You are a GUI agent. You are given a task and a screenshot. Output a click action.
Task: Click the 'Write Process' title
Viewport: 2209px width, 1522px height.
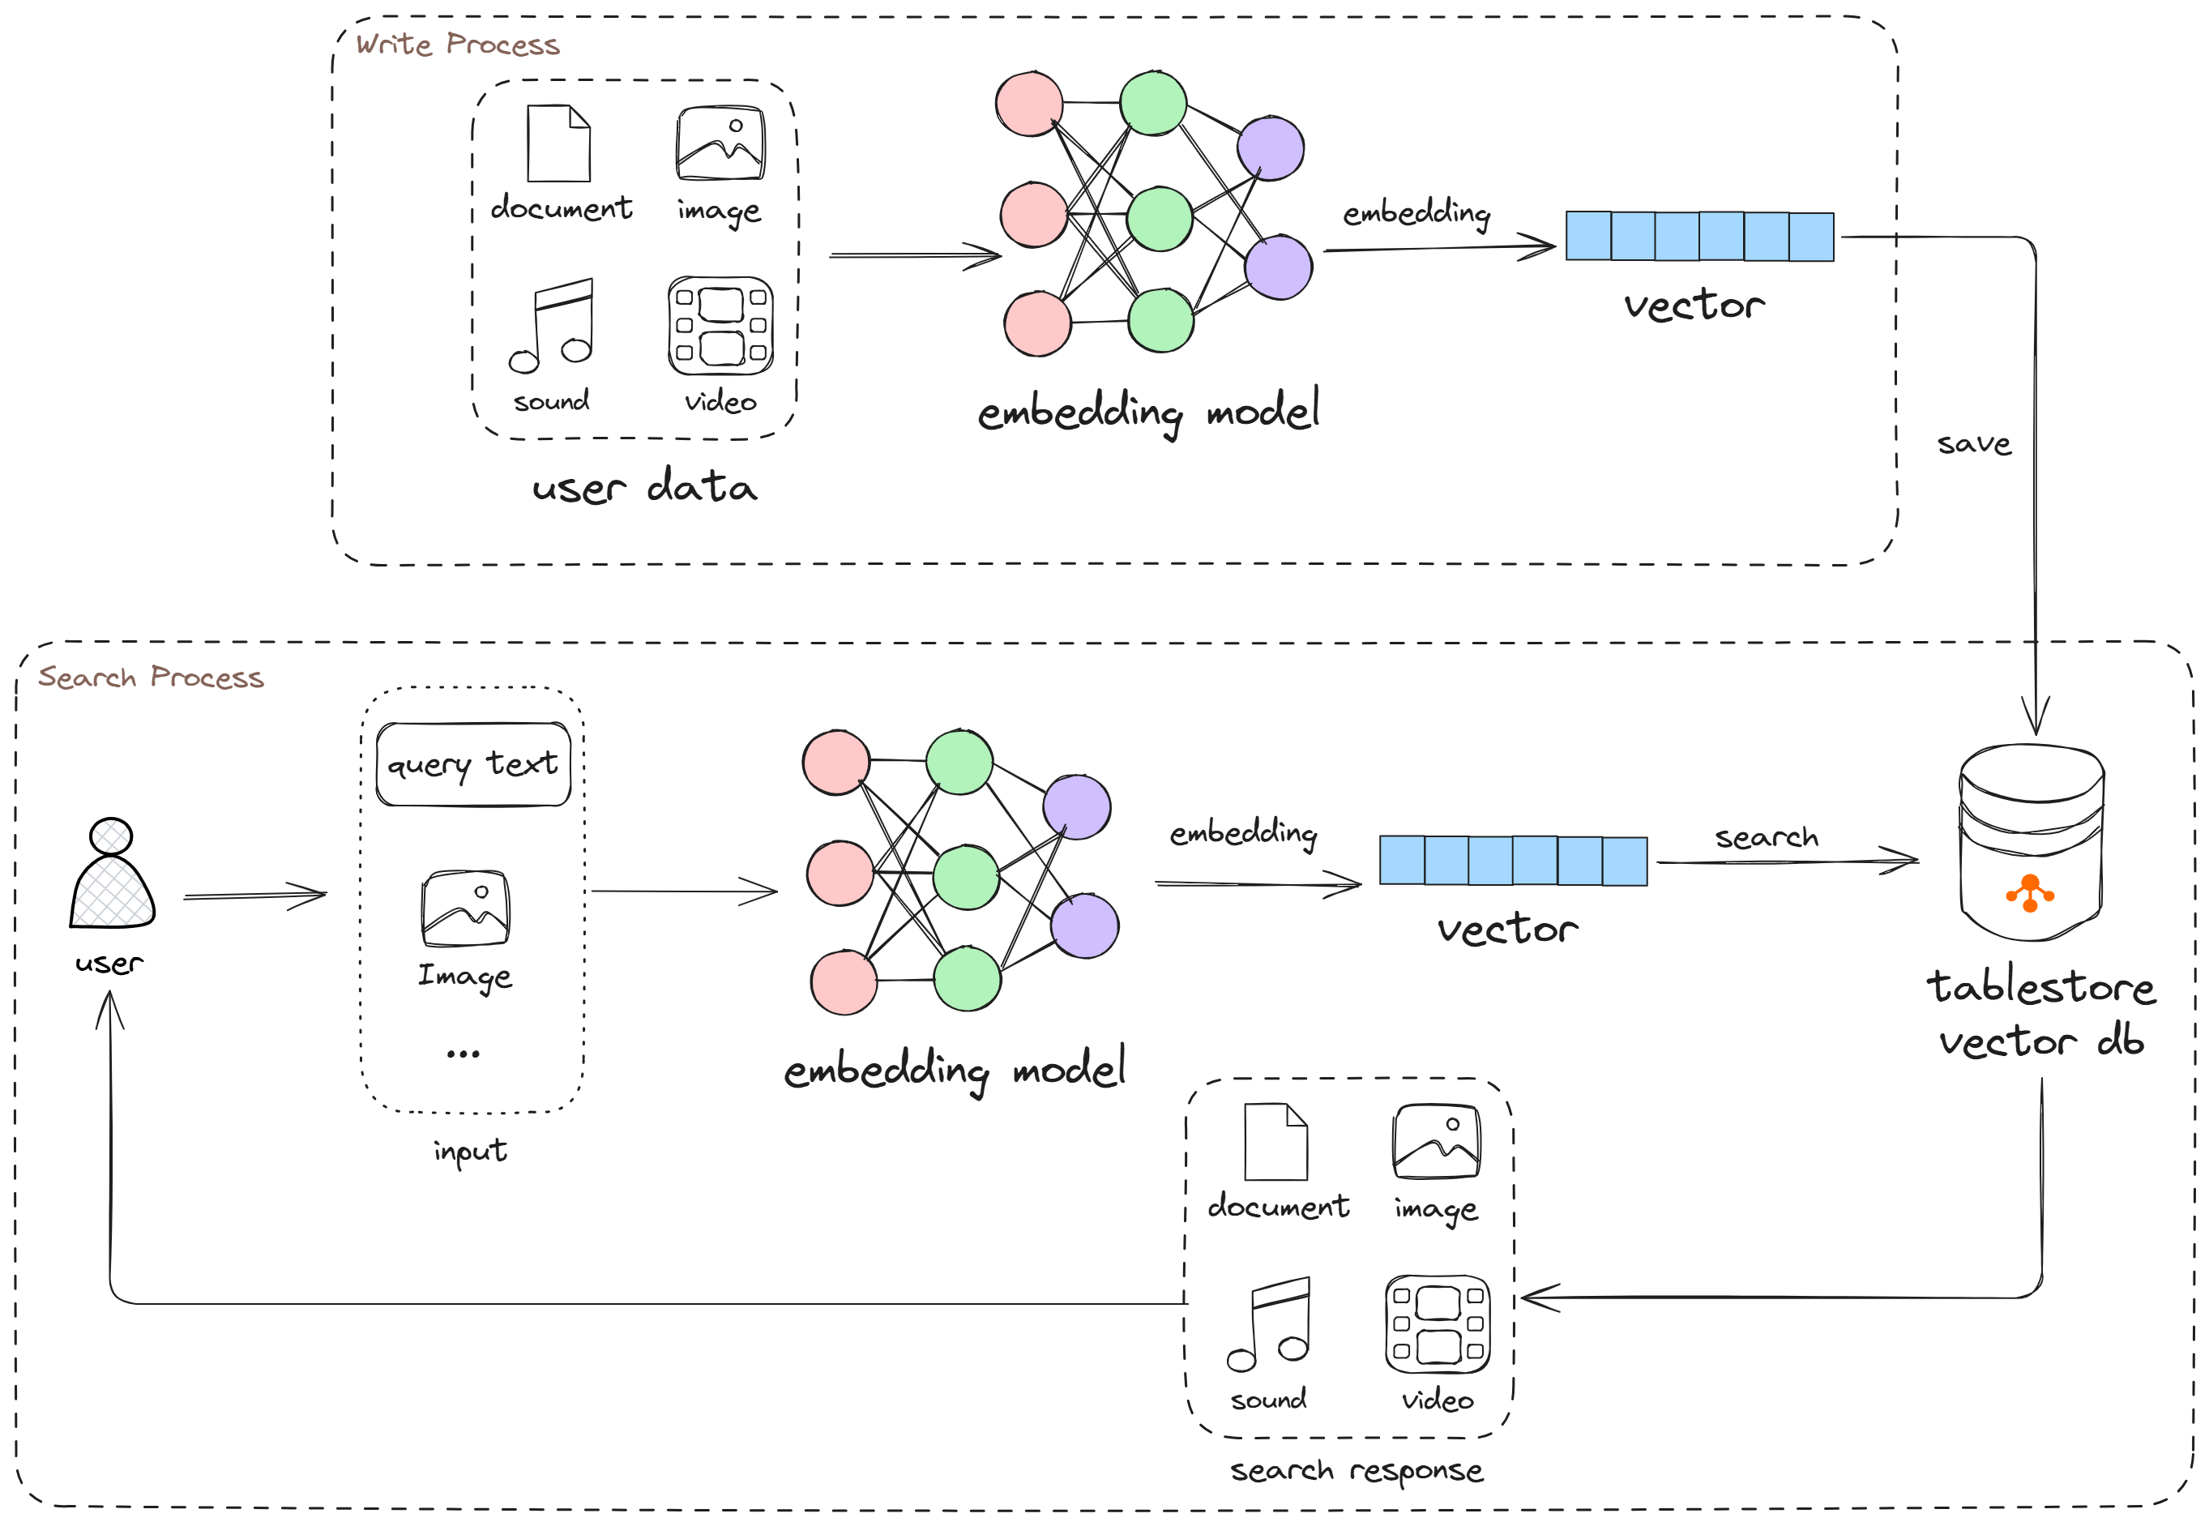[458, 45]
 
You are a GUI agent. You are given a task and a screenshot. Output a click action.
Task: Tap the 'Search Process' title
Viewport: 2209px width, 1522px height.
[151, 677]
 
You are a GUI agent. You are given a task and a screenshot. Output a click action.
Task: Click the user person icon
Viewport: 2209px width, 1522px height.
[112, 874]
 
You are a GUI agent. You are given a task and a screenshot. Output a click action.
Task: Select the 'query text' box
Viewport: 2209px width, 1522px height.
[473, 765]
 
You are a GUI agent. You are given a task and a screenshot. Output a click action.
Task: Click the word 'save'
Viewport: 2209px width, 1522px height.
[1973, 444]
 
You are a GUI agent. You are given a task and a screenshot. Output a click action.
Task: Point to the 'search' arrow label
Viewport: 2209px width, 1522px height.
[1766, 837]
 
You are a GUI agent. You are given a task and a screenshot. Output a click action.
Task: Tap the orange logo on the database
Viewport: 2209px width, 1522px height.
[2030, 894]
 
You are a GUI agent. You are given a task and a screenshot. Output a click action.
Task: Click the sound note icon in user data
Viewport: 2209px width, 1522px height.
[552, 325]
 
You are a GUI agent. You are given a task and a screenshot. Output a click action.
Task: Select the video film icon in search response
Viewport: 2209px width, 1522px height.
[1437, 1323]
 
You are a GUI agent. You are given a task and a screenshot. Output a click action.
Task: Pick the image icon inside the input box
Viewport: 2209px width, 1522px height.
[465, 908]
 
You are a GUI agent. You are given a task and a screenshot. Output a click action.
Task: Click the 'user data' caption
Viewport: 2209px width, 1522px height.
[644, 488]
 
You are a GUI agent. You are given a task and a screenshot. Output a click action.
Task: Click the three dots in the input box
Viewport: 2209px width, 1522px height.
[464, 1054]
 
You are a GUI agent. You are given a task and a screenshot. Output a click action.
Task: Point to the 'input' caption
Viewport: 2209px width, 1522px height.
[470, 1151]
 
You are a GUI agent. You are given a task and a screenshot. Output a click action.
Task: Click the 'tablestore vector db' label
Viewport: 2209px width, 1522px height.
[2040, 1014]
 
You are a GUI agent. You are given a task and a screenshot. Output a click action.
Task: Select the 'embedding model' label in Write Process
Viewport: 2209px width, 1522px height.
[1149, 412]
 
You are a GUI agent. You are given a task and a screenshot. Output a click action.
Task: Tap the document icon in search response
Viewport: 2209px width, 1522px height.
[1275, 1143]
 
